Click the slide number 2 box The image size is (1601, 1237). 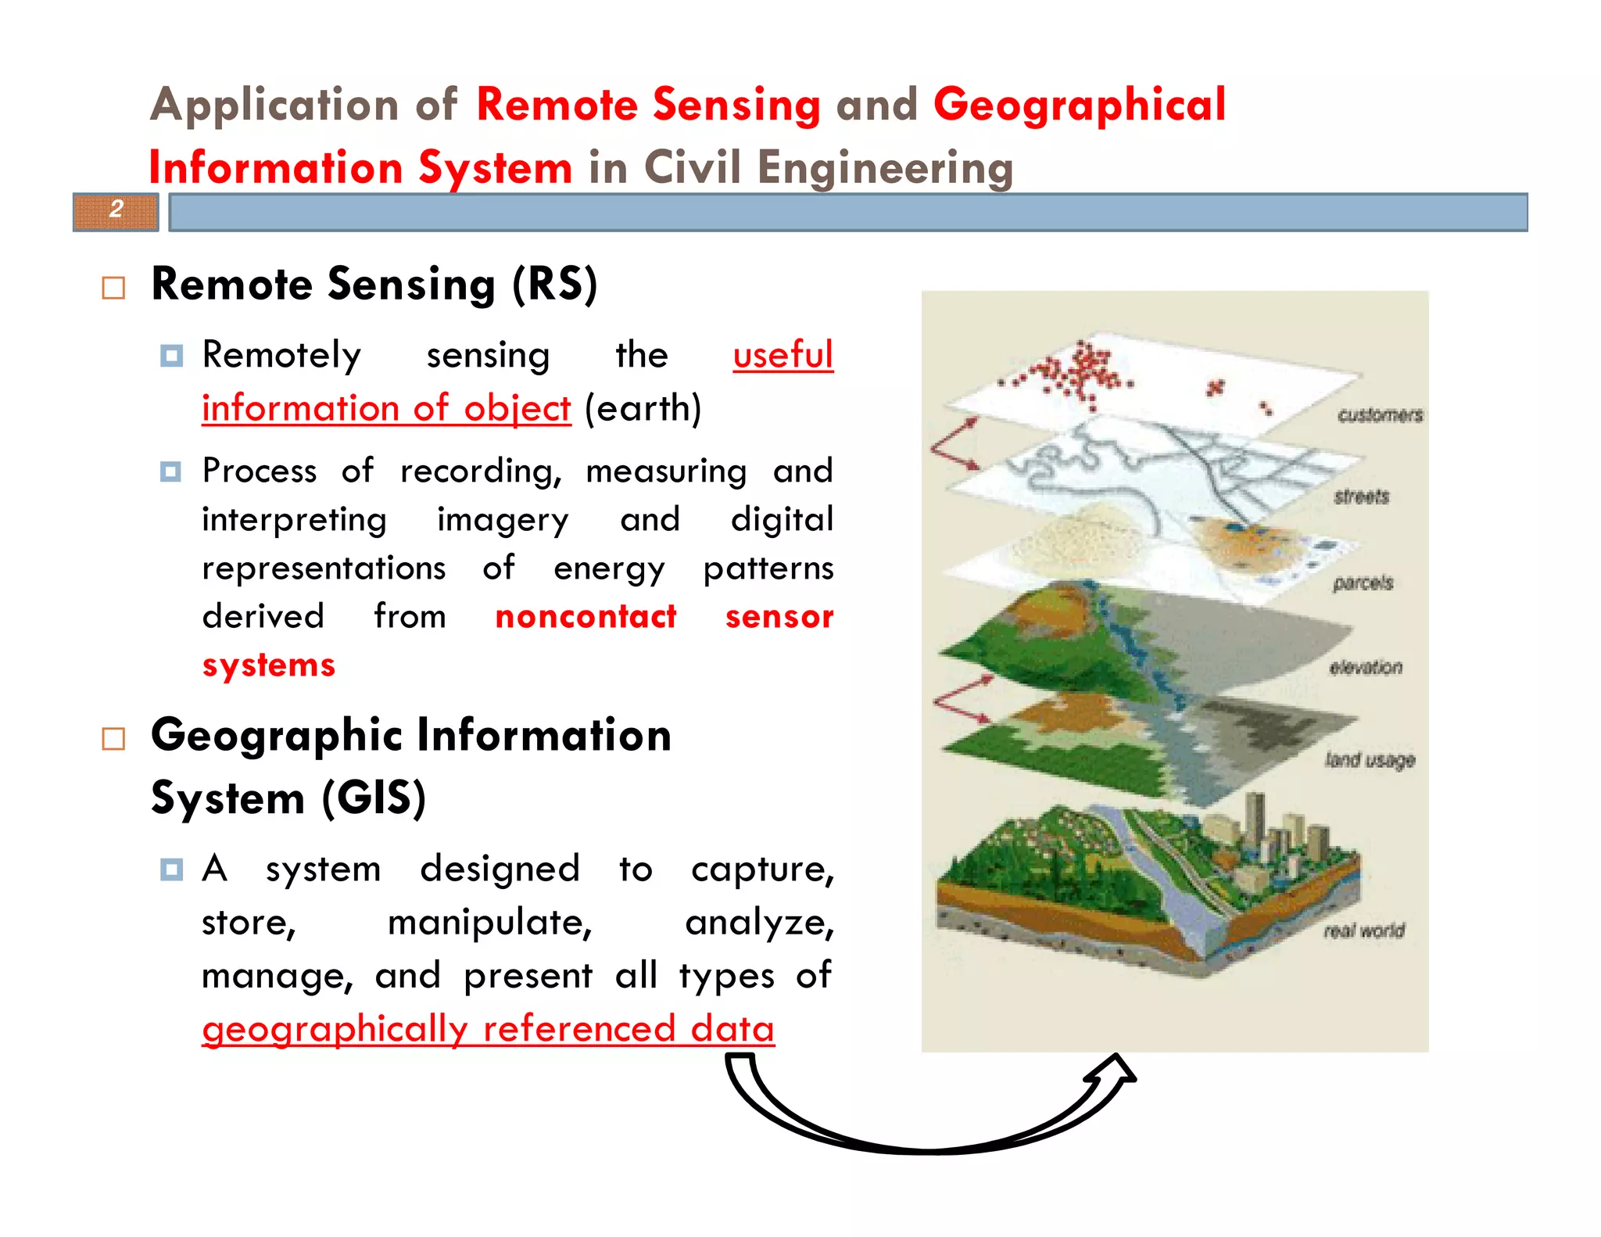116,211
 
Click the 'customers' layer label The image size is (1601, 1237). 1380,415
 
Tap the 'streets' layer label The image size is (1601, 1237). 1362,497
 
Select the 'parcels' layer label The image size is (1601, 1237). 1363,583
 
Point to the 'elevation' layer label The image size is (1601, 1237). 1366,667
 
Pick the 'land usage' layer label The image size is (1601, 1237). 1370,760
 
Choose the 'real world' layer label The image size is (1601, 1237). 1364,930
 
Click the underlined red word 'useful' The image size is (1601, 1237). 783,356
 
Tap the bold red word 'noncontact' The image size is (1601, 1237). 586,617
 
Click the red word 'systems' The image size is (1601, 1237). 268,665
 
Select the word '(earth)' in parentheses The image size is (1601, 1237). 643,409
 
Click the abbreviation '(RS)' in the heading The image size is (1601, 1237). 555,284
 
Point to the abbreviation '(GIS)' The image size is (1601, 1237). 374,798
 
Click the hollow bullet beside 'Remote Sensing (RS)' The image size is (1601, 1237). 113,288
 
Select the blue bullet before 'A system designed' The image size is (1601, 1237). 170,869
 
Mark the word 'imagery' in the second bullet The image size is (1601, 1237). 503,521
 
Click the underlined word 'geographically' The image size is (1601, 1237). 335,1029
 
